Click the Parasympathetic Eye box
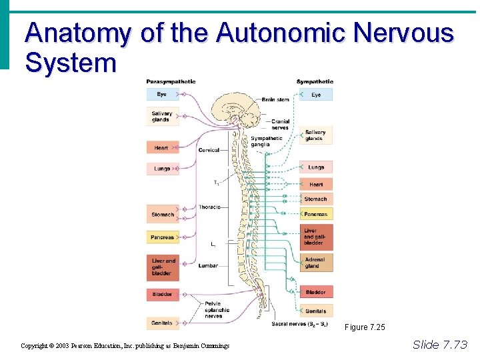pos(162,95)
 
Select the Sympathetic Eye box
pos(316,95)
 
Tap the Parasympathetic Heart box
pos(162,148)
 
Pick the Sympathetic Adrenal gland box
pos(315,263)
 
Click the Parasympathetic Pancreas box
pos(162,237)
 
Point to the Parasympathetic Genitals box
pos(162,323)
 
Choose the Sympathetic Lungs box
pos(316,167)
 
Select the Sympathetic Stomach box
pos(316,199)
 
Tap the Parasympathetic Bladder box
pos(162,294)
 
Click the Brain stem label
pos(275,100)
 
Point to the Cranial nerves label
pos(280,125)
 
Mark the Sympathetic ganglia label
pos(266,141)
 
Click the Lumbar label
pos(208,265)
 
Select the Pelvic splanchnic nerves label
pos(217,309)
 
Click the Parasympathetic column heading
pos(171,82)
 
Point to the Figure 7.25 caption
pos(365,327)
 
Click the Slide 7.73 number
pos(440,345)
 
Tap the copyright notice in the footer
pos(125,346)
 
